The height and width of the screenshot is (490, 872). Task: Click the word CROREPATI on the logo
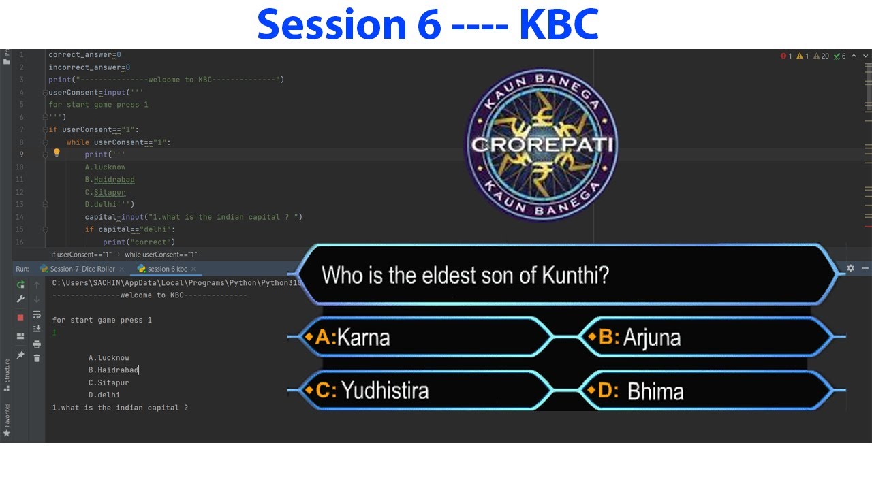tap(542, 144)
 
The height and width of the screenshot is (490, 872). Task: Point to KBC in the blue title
tap(559, 24)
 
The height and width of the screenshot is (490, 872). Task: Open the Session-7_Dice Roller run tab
tap(82, 269)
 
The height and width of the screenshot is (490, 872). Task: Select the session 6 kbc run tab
tap(166, 269)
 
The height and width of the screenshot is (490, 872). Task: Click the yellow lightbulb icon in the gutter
tap(57, 153)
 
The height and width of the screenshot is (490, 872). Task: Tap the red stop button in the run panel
tap(20, 317)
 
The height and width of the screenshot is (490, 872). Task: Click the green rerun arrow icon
tap(20, 284)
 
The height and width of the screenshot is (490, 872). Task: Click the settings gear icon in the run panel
tap(850, 269)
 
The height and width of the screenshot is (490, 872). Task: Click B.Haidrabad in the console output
tap(113, 370)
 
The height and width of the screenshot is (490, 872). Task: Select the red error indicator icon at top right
tap(783, 56)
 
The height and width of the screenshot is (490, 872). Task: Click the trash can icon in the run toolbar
tap(37, 358)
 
